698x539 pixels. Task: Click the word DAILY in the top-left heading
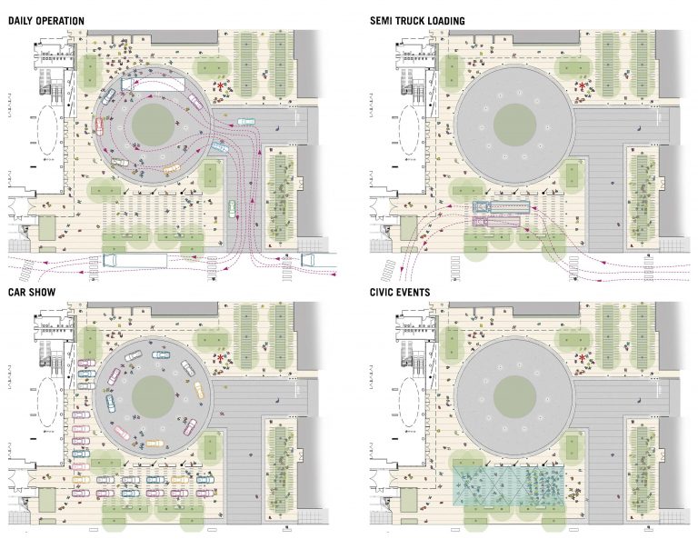[20, 21]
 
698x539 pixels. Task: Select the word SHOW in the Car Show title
[44, 293]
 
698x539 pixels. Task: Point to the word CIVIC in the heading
[382, 293]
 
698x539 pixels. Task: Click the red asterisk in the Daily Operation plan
[220, 85]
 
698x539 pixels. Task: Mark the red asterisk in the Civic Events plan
[582, 357]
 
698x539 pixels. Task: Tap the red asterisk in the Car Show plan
[220, 357]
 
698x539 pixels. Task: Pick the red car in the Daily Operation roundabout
[99, 125]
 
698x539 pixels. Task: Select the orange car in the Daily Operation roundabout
[172, 169]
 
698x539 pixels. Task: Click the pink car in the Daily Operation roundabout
[195, 101]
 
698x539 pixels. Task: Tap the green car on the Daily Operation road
[232, 209]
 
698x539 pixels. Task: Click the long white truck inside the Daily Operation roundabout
[153, 85]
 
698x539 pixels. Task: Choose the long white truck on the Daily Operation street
[135, 261]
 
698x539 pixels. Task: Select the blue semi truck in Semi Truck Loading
[502, 206]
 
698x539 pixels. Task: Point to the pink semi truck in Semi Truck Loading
[496, 221]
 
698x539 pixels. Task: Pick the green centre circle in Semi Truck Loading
[514, 125]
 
